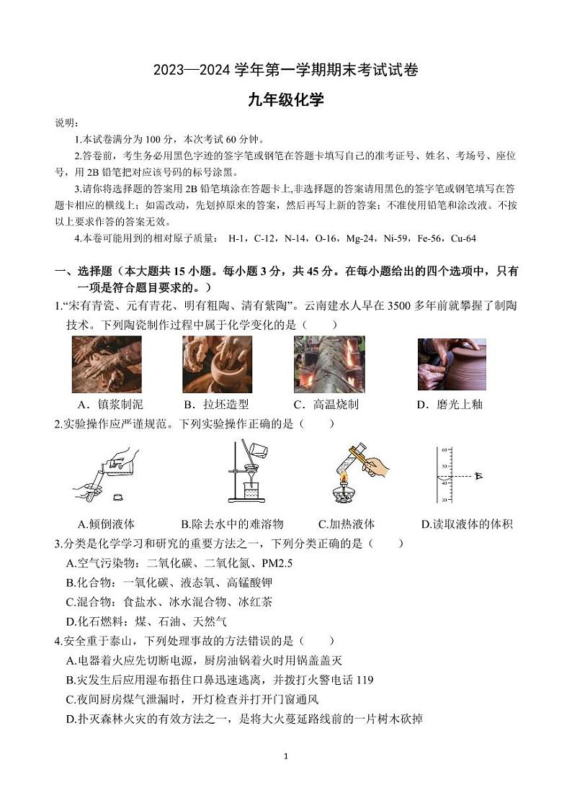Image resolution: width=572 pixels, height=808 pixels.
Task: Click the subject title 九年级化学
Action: (x=286, y=100)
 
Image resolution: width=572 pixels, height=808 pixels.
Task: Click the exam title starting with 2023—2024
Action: (x=286, y=70)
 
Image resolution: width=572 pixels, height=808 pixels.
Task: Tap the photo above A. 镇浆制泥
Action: (x=107, y=364)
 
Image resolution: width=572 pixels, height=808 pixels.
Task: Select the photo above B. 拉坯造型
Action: (x=217, y=364)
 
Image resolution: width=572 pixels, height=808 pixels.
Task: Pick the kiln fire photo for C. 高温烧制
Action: (x=329, y=364)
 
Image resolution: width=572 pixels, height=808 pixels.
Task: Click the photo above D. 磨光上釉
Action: (x=452, y=364)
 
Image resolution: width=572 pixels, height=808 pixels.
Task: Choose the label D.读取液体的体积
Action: (x=466, y=524)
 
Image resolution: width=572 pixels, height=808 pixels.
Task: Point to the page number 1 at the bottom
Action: (x=286, y=757)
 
